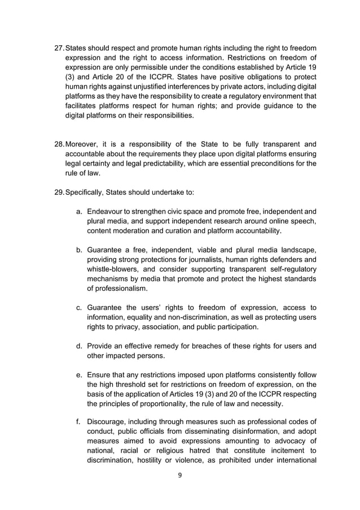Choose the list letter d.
(x=80, y=346)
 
